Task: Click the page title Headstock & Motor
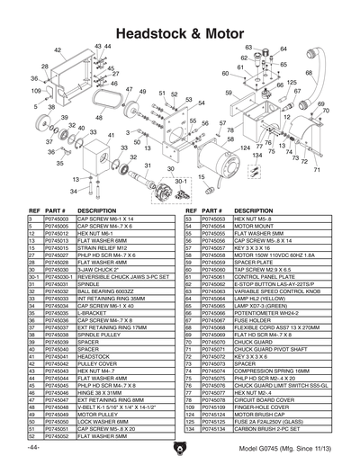[x=180, y=31]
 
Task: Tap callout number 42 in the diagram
[x=58, y=50]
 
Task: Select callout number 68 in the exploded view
[x=309, y=73]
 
